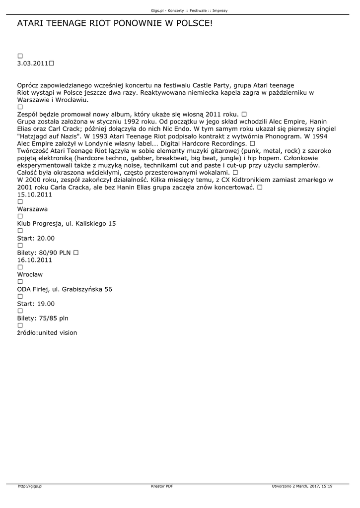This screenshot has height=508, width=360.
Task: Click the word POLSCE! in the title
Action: tap(191, 23)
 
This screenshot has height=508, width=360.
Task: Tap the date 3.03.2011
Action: tap(33, 63)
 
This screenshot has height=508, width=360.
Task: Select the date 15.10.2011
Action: tap(35, 194)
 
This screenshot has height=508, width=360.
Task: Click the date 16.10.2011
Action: tap(35, 260)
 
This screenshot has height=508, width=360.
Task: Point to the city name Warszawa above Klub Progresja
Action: tap(32, 209)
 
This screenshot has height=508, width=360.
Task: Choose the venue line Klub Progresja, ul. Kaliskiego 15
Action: tap(67, 224)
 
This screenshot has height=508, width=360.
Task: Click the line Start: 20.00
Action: tap(36, 238)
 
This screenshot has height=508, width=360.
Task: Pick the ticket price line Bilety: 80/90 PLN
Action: tap(44, 253)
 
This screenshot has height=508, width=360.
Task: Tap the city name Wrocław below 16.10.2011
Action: tap(30, 274)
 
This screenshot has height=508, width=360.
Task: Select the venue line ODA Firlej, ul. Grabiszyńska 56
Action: tap(65, 289)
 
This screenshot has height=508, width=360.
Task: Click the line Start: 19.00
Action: tap(36, 304)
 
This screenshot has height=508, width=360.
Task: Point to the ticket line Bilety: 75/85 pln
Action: tap(43, 318)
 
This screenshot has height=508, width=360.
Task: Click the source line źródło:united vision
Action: tap(47, 333)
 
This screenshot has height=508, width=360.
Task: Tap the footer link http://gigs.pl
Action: tap(30, 487)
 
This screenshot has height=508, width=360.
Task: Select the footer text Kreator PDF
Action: tap(162, 487)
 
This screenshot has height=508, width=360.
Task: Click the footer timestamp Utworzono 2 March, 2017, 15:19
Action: tap(302, 487)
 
